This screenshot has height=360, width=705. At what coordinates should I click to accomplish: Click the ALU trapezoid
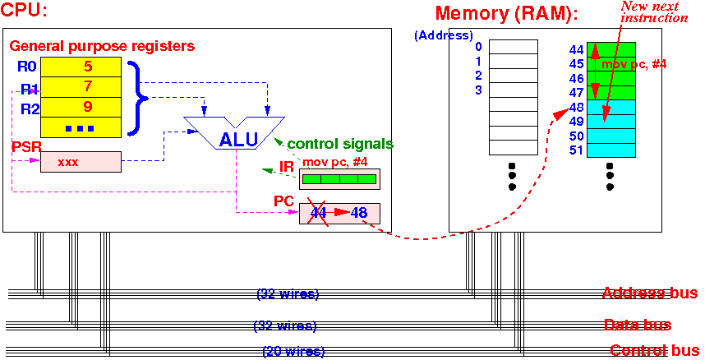pos(234,133)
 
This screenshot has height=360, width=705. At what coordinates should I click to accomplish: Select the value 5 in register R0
pos(88,67)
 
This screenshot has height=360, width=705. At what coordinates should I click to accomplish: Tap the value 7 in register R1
pos(88,87)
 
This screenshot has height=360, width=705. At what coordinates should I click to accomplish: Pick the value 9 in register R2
pos(88,107)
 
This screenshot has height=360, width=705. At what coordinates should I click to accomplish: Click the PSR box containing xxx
pos(81,162)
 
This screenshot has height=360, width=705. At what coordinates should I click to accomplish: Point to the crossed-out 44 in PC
pos(318,212)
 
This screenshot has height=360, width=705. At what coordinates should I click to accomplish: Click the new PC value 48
pos(358,212)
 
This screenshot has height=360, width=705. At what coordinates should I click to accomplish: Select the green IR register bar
pos(339,179)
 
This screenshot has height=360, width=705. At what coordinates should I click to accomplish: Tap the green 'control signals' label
pos(340,144)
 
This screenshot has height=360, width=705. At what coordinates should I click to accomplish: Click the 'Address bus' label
pos(650,293)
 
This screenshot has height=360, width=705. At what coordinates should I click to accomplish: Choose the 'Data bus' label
pos(638,325)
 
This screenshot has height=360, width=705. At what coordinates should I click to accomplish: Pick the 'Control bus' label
pos(654,350)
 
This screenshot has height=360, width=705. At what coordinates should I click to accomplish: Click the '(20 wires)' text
pos(293,351)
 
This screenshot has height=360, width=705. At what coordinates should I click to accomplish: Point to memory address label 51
pos(576,150)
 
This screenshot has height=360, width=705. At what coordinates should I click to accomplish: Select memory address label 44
pos(576,49)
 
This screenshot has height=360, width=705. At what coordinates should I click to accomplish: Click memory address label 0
pos(478,46)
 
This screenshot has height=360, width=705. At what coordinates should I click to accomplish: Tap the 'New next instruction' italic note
pos(656,12)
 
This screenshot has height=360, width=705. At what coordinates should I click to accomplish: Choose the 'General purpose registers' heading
pos(102,45)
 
